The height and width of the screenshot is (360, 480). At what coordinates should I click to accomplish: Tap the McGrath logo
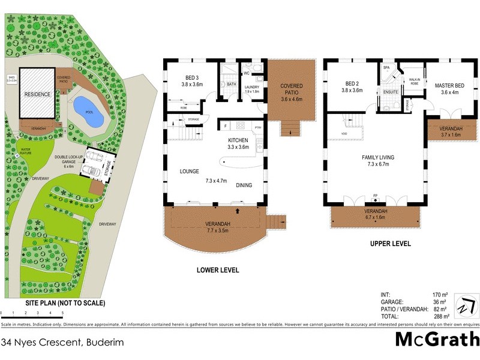[437, 340]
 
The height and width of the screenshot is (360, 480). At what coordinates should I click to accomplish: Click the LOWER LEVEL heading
[218, 271]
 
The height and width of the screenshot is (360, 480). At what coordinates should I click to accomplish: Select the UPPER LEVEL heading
[390, 244]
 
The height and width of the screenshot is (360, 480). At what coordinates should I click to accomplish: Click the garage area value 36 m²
[441, 302]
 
